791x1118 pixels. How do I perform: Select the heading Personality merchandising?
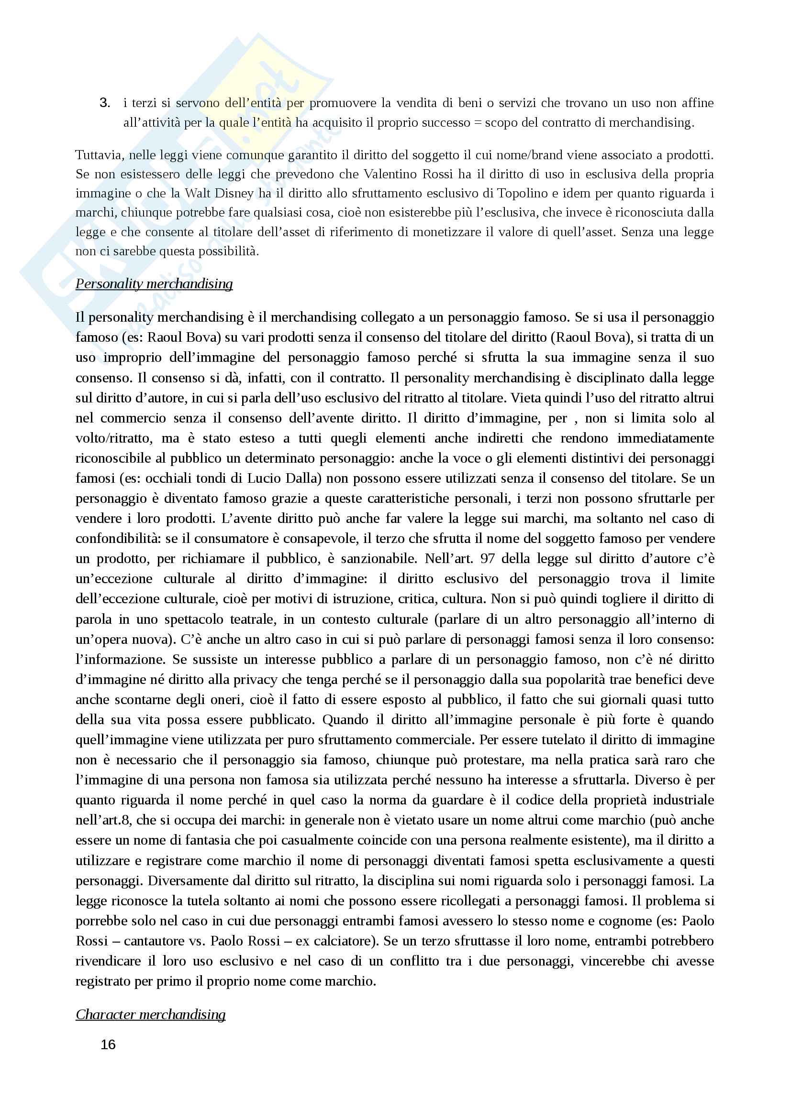pos(154,284)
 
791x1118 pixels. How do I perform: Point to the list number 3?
pos(104,103)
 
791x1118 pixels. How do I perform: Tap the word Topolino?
pos(523,193)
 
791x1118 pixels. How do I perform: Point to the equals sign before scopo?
pos(477,123)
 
